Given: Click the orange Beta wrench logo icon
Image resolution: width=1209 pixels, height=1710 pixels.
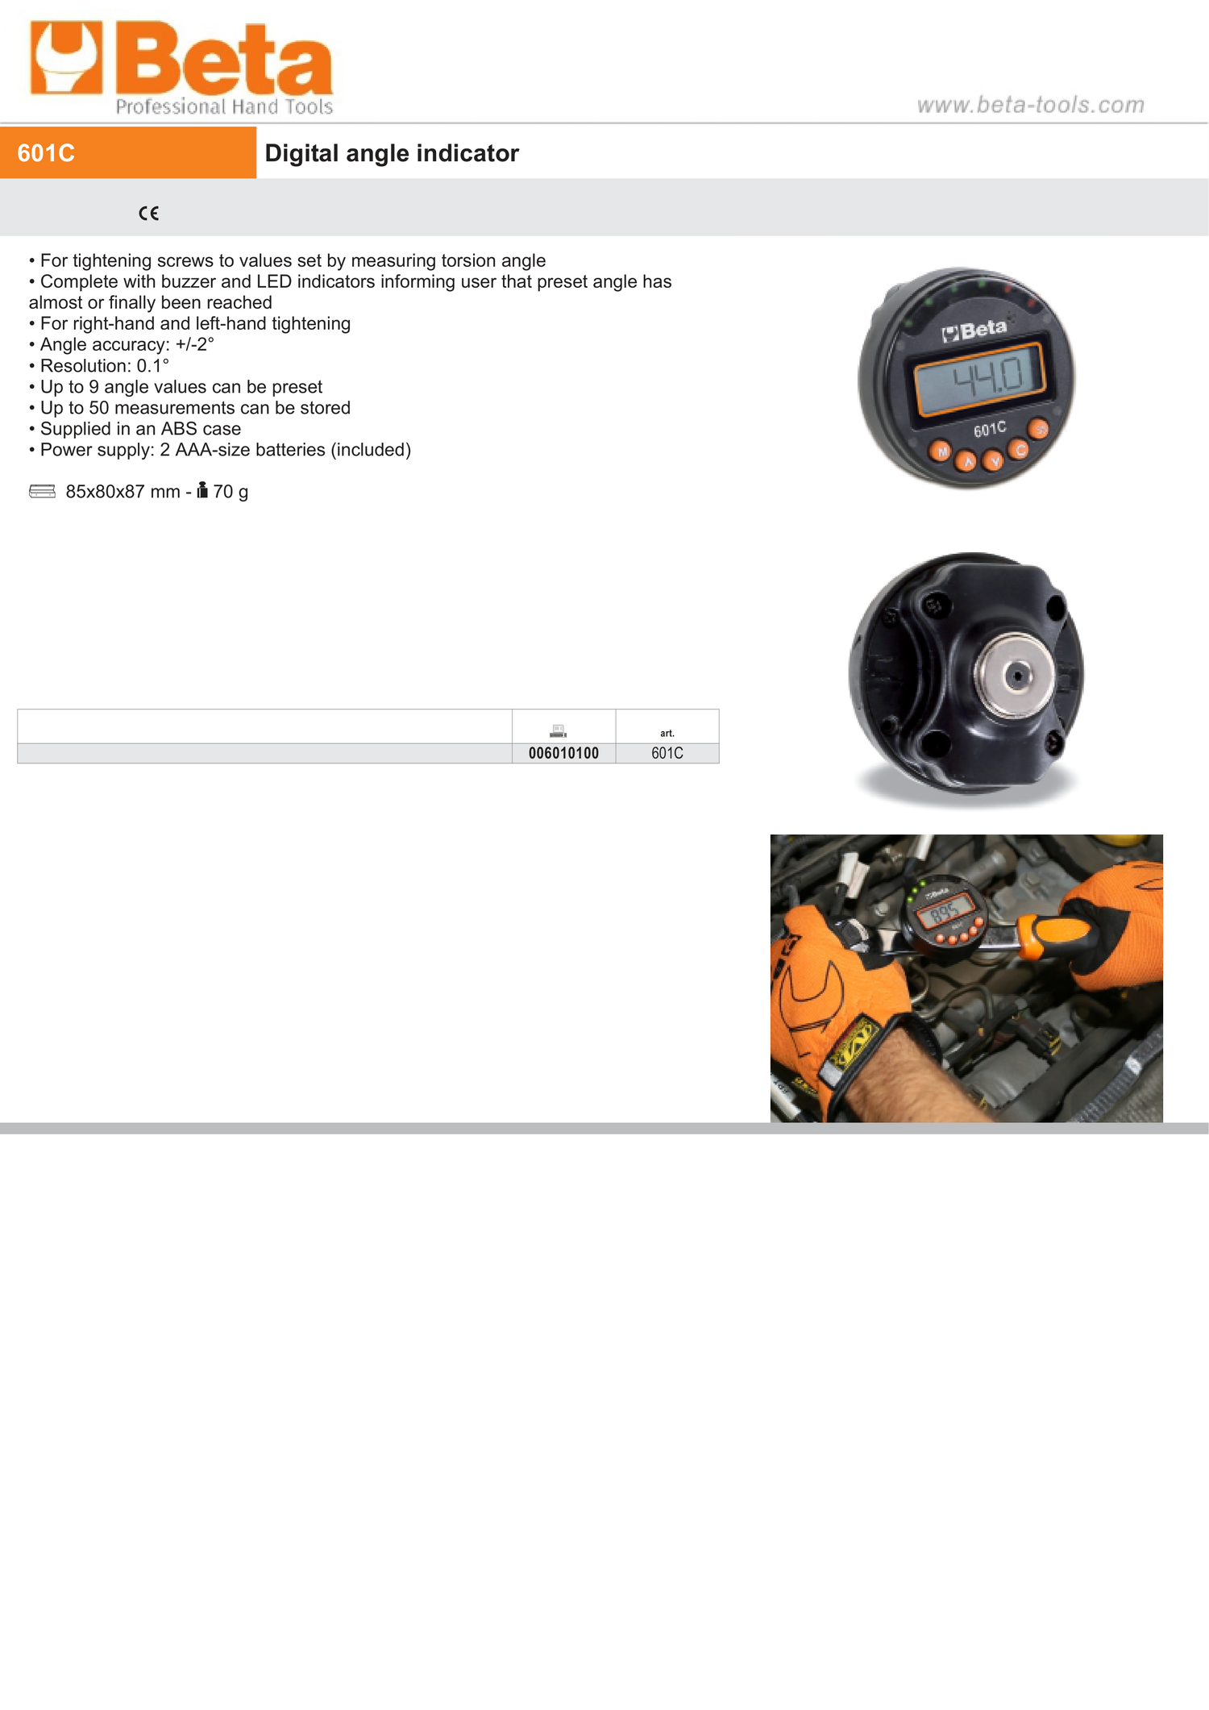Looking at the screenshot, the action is (x=66, y=57).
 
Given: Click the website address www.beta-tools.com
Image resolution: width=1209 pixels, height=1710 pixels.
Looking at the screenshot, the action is (x=1031, y=105).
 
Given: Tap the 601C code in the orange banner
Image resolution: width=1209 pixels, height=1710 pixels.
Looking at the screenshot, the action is (x=46, y=153).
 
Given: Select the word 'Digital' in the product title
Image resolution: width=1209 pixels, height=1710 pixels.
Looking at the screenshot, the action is (x=301, y=153).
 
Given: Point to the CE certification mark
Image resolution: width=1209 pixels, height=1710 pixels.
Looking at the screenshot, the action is (x=148, y=213).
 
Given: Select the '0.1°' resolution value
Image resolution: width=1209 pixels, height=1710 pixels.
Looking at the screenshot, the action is (x=153, y=365).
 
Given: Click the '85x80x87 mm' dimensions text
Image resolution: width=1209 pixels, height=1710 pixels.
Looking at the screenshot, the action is (x=123, y=492).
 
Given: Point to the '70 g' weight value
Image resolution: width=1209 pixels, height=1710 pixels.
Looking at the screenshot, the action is (x=231, y=492).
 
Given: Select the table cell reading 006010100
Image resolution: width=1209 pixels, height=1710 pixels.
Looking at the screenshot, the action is (x=563, y=753).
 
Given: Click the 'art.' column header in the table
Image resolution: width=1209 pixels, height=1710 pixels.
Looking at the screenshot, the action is (x=667, y=733).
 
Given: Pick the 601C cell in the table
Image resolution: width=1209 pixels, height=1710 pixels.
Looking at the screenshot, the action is (x=667, y=753).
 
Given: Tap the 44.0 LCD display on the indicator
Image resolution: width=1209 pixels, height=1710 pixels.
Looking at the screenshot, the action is (x=979, y=377).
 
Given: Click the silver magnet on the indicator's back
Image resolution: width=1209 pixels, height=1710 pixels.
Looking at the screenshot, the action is (x=1017, y=675).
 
